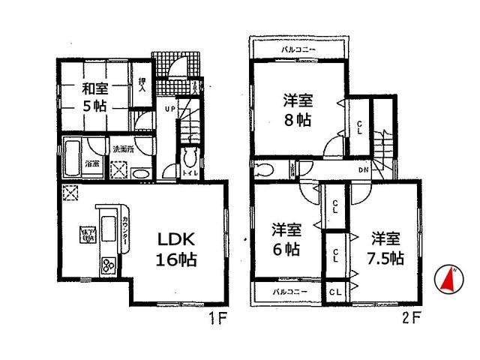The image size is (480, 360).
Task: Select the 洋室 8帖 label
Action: pyautogui.click(x=299, y=109)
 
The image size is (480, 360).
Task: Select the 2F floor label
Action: pyautogui.click(x=410, y=317)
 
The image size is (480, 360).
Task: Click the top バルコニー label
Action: pyautogui.click(x=298, y=49)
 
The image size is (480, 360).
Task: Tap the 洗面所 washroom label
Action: pyautogui.click(x=122, y=148)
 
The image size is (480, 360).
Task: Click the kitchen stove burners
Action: pyautogui.click(x=109, y=265)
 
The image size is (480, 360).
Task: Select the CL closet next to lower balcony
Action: pyautogui.click(x=334, y=291)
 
